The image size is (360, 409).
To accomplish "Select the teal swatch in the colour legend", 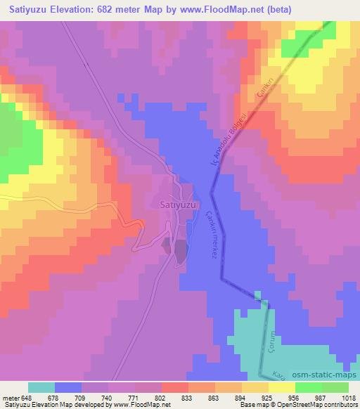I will point(41,387).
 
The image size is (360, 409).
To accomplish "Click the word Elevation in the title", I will point(73,10).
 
